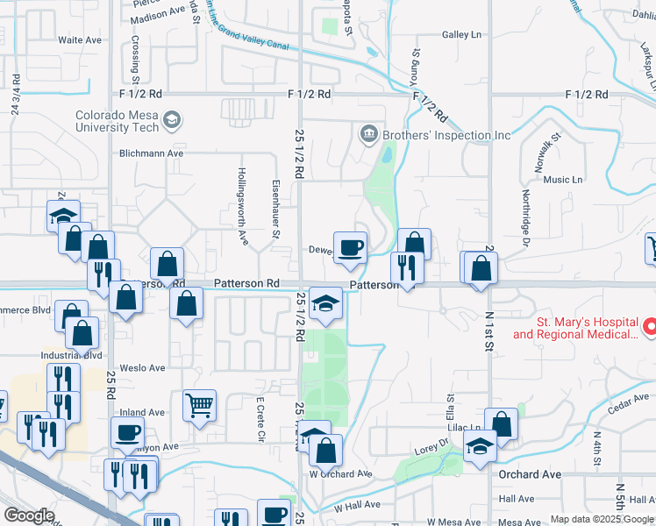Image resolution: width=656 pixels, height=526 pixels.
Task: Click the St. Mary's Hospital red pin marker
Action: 650,328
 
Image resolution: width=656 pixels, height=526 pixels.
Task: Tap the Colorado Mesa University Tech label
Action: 117,121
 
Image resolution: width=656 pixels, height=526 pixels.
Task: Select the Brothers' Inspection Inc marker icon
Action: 368,134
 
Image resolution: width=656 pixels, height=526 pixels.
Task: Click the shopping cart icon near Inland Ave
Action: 199,406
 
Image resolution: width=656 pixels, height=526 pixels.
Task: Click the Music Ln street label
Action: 563,180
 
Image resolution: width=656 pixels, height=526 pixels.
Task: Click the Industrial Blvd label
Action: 72,355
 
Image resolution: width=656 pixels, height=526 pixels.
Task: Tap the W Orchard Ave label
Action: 340,474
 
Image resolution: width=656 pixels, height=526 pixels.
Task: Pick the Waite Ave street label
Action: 81,40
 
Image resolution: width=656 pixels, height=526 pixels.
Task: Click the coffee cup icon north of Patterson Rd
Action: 350,247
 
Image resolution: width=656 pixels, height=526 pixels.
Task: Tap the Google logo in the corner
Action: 29,515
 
